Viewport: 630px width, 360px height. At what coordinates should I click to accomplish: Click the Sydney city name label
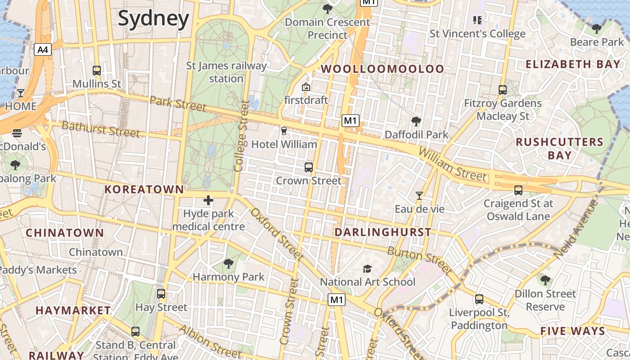[x=153, y=19]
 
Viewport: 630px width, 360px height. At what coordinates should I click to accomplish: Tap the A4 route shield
[x=43, y=49]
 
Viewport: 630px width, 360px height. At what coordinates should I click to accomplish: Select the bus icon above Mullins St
[x=97, y=71]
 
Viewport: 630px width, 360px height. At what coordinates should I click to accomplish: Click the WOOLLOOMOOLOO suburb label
[x=382, y=69]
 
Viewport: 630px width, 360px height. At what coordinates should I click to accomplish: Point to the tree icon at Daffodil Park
[x=416, y=121]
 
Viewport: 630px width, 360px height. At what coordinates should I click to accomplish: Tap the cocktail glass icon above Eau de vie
[x=419, y=196]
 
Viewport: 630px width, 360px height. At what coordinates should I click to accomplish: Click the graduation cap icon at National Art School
[x=367, y=269]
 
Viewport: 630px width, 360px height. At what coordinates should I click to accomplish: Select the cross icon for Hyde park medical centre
[x=208, y=200]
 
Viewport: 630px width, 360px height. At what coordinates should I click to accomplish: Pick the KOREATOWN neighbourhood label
[x=144, y=189]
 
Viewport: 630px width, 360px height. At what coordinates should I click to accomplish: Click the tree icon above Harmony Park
[x=229, y=264]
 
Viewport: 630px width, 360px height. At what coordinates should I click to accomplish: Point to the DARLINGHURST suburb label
[x=382, y=232]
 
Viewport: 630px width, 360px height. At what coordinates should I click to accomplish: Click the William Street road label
[x=452, y=165]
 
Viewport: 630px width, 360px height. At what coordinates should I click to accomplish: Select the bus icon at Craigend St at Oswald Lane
[x=518, y=190]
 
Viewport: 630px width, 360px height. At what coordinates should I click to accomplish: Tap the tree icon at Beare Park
[x=597, y=29]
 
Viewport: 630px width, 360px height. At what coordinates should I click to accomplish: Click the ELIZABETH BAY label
[x=573, y=64]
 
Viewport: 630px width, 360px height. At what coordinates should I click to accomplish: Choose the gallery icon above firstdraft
[x=306, y=87]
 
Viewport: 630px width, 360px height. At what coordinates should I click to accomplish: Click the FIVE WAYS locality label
[x=572, y=331]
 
